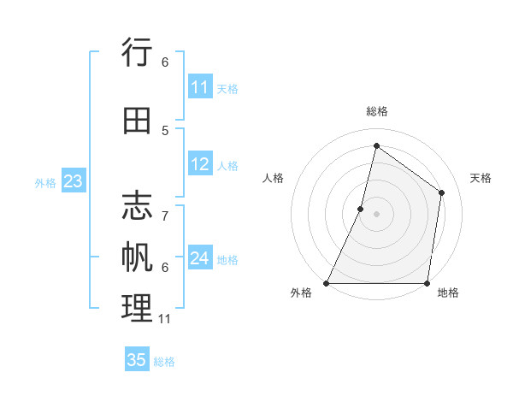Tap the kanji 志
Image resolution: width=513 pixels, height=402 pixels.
click(x=137, y=206)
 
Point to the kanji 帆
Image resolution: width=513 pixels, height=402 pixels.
click(x=137, y=257)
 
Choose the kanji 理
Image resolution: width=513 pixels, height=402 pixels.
click(x=137, y=307)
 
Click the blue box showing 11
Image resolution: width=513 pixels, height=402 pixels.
click(x=200, y=87)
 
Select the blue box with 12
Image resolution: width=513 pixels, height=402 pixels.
click(x=200, y=165)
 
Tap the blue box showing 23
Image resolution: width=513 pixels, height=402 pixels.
click(x=73, y=181)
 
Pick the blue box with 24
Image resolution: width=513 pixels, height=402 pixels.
click(x=200, y=258)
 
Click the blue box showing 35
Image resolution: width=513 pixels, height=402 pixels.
click(x=137, y=360)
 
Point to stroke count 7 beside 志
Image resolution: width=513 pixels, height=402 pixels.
click(x=165, y=208)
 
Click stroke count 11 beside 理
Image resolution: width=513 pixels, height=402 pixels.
click(x=165, y=318)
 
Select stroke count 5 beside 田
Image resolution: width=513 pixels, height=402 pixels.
click(x=165, y=130)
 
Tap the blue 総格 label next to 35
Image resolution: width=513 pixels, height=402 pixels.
click(x=164, y=362)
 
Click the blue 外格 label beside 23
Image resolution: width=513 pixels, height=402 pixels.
click(x=45, y=182)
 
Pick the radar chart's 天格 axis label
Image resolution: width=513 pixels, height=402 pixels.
click(x=481, y=178)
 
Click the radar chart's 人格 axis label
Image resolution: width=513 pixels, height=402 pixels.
click(x=273, y=178)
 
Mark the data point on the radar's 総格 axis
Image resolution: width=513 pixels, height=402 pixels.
click(x=376, y=145)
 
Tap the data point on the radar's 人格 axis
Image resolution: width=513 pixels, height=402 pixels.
click(x=361, y=209)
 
